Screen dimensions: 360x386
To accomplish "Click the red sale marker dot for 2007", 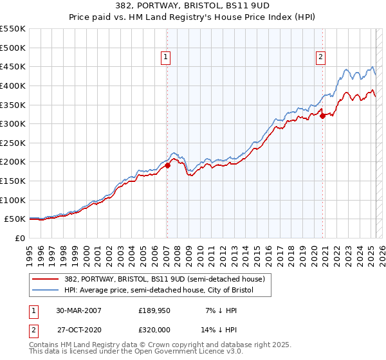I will pyautogui.click(x=167, y=165).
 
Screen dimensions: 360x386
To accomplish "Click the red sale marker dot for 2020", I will pyautogui.click(x=322, y=116).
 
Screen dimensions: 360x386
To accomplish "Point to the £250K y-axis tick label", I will pyautogui.click(x=13, y=161).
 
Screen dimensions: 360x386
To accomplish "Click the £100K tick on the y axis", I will pyautogui.click(x=13, y=200).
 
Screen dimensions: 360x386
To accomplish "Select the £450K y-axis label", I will pyautogui.click(x=13, y=67).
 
